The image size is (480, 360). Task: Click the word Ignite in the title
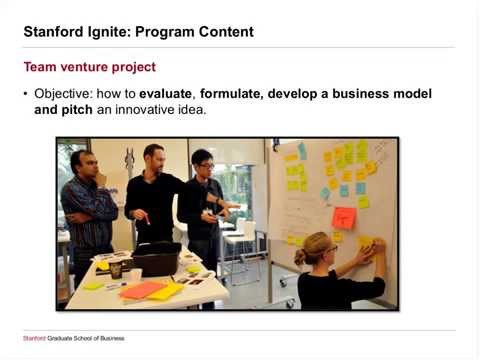(x=108, y=32)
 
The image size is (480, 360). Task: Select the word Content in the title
(x=226, y=32)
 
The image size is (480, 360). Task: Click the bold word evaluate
(x=165, y=94)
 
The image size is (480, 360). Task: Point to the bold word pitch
(x=77, y=110)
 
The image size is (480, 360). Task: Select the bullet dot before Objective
(x=26, y=94)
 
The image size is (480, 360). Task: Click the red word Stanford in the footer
(x=34, y=338)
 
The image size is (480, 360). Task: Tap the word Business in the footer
(x=112, y=338)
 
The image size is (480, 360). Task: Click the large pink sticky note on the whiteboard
(x=344, y=218)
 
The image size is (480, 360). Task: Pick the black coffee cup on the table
(x=116, y=269)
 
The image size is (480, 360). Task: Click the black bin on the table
(x=157, y=258)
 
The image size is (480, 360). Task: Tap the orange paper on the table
(x=142, y=289)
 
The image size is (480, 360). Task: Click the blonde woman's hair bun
(x=300, y=257)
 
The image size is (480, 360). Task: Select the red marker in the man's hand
(x=147, y=219)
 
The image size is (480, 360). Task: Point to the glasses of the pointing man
(x=206, y=166)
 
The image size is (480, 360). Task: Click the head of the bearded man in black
(x=155, y=157)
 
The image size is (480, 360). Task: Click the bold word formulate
(x=229, y=94)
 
